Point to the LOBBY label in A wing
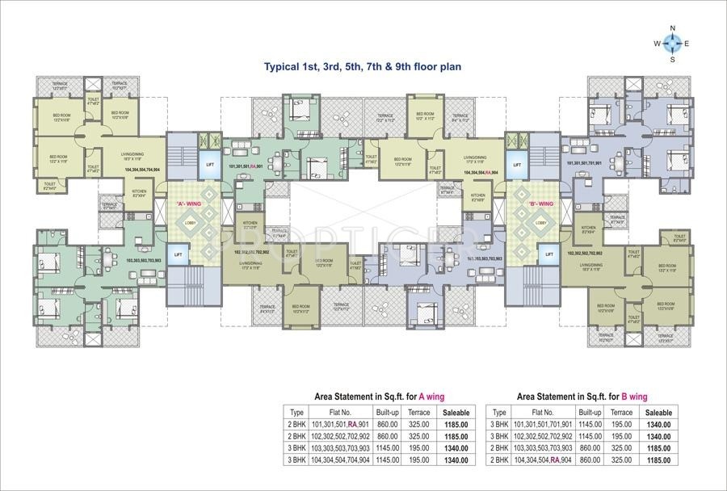(191, 222)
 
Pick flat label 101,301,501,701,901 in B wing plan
(595, 162)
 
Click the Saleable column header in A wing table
(455, 412)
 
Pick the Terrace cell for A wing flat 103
(418, 447)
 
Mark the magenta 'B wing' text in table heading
(634, 397)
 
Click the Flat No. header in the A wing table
(330, 412)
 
